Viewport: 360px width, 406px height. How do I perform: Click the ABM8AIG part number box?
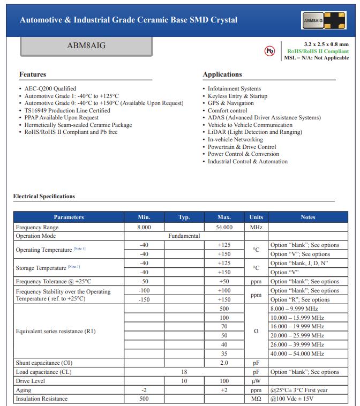[86, 46]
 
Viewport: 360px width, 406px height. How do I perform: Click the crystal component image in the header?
[323, 20]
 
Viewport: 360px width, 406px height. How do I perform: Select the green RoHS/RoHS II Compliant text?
[318, 51]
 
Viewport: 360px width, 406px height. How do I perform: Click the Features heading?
[33, 74]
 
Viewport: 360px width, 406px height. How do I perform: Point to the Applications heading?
[222, 74]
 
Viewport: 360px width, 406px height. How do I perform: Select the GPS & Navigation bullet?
[231, 103]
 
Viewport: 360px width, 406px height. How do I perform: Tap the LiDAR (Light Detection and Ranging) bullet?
[254, 132]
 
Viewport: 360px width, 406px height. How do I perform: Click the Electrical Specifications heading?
[44, 196]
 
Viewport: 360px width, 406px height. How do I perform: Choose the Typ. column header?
[184, 217]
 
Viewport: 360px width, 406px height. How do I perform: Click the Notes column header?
[308, 217]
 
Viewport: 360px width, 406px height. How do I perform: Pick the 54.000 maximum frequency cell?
[224, 227]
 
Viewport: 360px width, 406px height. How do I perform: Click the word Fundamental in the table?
[184, 236]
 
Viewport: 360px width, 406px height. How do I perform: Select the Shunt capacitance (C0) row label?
[44, 363]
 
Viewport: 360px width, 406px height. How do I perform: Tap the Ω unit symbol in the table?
[256, 331]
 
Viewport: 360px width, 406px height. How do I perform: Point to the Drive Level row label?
[31, 381]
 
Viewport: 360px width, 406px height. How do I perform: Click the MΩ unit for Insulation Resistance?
[256, 399]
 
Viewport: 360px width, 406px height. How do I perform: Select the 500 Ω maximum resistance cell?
[224, 309]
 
